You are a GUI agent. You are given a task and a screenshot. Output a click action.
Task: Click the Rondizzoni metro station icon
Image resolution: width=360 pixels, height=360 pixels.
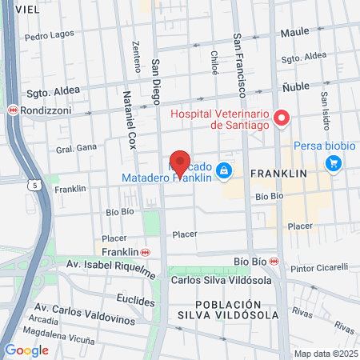point(12,110)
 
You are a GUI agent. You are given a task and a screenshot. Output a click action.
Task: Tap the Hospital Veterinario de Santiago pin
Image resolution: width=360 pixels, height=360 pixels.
point(281,119)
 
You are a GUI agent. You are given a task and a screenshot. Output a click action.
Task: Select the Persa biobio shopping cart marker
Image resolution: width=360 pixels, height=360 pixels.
point(334,163)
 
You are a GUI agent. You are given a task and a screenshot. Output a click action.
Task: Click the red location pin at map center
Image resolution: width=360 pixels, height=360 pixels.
point(181,163)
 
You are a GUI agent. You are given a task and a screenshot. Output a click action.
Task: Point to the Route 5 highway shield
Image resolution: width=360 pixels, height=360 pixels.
point(36,186)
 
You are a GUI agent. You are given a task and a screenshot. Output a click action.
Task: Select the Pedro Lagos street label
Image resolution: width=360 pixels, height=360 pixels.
point(49,36)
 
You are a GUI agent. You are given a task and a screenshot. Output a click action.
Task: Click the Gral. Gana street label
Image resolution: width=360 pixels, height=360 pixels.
point(75,150)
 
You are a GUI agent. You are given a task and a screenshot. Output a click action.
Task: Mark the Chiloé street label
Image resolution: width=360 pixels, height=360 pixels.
point(214,62)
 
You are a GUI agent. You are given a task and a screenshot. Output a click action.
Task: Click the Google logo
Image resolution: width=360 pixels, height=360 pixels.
point(26,350)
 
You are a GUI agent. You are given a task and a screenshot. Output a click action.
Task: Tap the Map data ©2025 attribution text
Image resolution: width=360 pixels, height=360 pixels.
point(325,354)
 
